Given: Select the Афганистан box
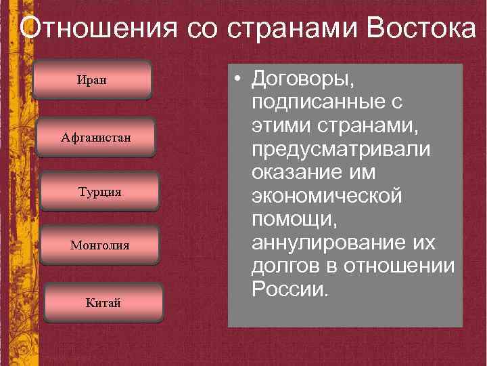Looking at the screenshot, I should (x=96, y=138).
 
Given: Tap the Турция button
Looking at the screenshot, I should (x=100, y=192).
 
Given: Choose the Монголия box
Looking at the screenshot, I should (x=100, y=245).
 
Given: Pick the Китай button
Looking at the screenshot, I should (x=103, y=302).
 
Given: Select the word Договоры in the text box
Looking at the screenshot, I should (x=302, y=79).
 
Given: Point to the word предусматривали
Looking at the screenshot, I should (x=340, y=150).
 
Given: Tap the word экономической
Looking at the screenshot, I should (x=327, y=197).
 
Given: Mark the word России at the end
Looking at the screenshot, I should (x=289, y=289).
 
